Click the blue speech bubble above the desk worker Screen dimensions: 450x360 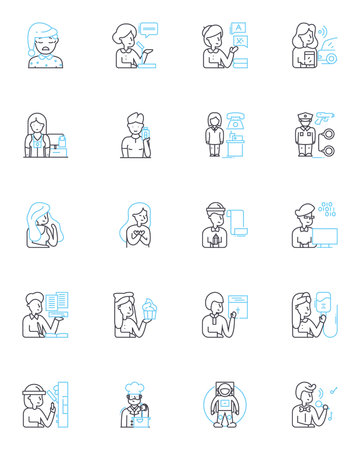click(149, 29)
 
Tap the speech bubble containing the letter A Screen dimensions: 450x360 click(238, 27)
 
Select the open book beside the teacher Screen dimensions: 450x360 click(58, 301)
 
